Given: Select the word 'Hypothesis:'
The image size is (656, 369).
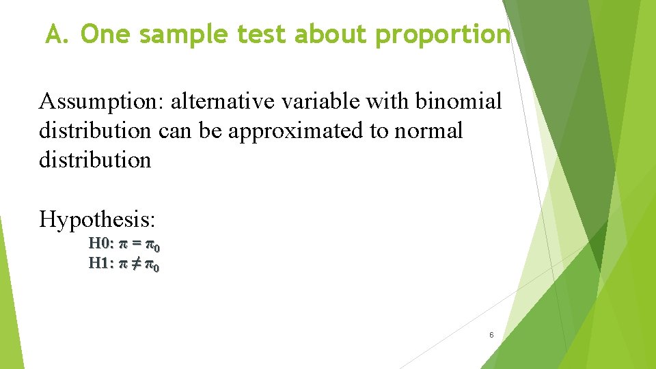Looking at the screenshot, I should tap(98, 219).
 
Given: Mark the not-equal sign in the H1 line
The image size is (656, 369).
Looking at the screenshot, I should tap(136, 264).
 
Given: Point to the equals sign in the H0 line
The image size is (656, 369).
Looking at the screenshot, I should tap(136, 244).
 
